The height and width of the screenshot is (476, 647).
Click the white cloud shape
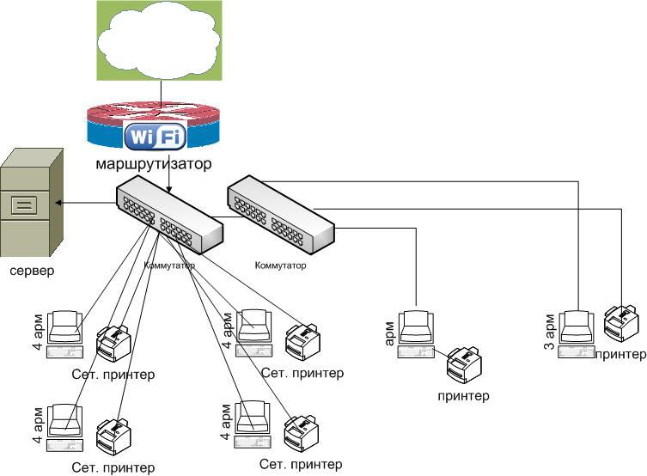[159, 40]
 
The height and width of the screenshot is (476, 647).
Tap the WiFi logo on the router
[155, 135]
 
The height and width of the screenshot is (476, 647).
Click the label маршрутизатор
[154, 164]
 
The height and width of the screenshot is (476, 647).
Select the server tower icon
[31, 202]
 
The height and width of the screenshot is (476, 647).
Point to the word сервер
[32, 271]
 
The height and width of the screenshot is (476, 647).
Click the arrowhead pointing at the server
[58, 203]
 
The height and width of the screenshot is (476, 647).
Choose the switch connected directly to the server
[169, 214]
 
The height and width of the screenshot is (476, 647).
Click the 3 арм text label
[549, 332]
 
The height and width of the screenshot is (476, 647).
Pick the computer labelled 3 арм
[577, 334]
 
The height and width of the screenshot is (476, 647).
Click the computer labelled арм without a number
[416, 334]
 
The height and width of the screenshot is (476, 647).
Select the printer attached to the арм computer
[464, 365]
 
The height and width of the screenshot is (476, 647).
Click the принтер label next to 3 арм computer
[620, 354]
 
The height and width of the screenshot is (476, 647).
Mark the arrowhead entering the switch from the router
[168, 189]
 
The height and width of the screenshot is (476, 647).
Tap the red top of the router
[154, 112]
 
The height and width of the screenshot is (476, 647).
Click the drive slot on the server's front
[24, 205]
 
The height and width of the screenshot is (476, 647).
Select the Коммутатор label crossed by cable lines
[169, 265]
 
